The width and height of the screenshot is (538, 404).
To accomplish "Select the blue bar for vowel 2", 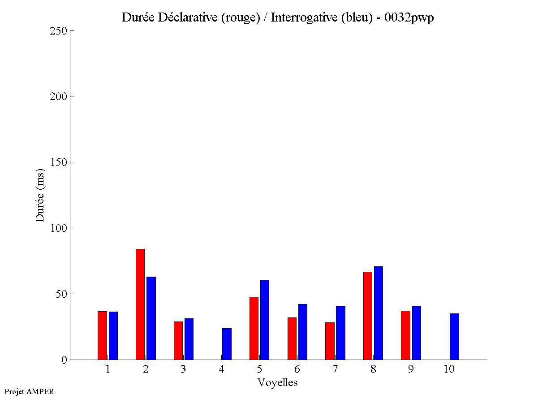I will pos(151,318).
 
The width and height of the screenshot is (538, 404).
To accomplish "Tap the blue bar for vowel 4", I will pos(227,344).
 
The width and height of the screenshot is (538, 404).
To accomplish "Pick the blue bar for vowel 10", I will pos(454,336).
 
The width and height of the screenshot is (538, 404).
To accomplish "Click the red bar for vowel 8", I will pos(368,316).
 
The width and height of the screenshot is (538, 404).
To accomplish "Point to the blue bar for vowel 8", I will pos(379,313).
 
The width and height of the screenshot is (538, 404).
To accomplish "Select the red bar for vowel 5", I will pos(254,328).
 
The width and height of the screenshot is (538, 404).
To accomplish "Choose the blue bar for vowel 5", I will pos(265,320).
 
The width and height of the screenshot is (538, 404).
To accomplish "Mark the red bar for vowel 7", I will pos(330,341).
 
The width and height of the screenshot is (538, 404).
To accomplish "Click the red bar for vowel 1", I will pos(102,335).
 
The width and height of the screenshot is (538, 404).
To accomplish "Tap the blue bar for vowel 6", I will pos(303,332).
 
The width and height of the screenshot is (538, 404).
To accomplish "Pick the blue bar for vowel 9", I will pos(417,333).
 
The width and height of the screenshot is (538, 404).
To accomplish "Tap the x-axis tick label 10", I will pos(449,369).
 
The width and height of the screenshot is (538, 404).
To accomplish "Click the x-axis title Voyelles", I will pos(278,382).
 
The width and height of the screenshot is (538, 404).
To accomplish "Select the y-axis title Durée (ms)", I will pos(40,195).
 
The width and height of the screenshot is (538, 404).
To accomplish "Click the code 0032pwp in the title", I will pos(409,17).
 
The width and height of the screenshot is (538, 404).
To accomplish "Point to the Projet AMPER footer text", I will pos(29,391).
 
